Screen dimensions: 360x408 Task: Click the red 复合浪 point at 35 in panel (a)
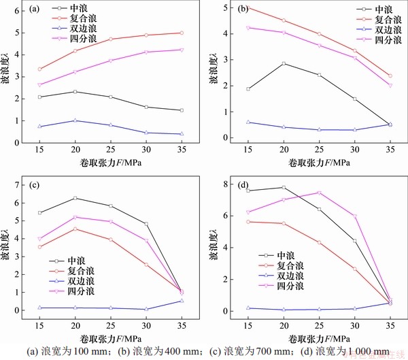tap(182, 33)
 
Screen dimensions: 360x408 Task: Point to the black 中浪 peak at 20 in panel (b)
tap(283, 63)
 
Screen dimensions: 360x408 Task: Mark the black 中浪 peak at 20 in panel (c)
tap(75, 198)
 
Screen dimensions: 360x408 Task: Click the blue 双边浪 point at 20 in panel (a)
tap(75, 120)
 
